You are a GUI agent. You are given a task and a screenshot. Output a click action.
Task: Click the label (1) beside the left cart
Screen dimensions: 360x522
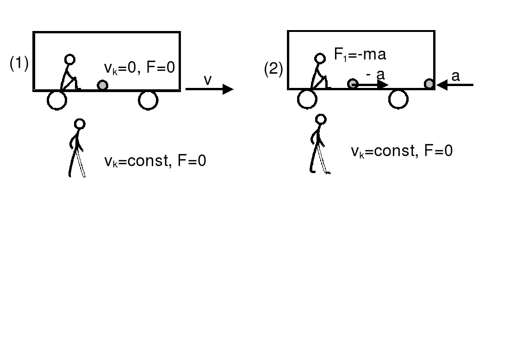pyautogui.click(x=19, y=65)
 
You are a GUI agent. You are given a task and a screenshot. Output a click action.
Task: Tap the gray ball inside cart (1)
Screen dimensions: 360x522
pyautogui.click(x=102, y=85)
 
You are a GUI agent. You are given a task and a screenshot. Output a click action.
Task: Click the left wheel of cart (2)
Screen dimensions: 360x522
pyautogui.click(x=307, y=99)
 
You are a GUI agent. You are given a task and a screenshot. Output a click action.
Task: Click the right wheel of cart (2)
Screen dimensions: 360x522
pyautogui.click(x=398, y=99)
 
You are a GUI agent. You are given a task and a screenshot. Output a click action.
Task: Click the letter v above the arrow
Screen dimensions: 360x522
pyautogui.click(x=208, y=80)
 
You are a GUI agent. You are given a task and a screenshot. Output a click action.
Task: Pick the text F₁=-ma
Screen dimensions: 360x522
pyautogui.click(x=360, y=55)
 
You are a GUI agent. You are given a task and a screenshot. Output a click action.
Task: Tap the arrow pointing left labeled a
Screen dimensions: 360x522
pyautogui.click(x=455, y=85)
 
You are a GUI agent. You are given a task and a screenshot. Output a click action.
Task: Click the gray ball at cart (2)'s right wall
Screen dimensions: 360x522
pyautogui.click(x=429, y=84)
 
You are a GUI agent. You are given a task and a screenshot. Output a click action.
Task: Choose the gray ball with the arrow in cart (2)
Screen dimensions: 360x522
pyautogui.click(x=353, y=84)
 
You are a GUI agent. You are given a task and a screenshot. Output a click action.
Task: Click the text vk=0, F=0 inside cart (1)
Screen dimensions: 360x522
pyautogui.click(x=140, y=69)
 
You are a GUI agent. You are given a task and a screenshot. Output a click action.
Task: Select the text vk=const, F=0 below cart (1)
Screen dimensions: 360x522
pyautogui.click(x=155, y=161)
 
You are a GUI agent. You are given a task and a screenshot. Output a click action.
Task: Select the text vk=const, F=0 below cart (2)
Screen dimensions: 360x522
pyautogui.click(x=401, y=151)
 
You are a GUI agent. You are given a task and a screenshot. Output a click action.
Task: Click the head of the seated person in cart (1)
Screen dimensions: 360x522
pyautogui.click(x=69, y=59)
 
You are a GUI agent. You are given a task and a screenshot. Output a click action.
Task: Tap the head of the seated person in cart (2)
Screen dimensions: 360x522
pyautogui.click(x=320, y=58)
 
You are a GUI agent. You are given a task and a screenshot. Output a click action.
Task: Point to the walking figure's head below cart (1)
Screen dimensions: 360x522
pyautogui.click(x=80, y=124)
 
